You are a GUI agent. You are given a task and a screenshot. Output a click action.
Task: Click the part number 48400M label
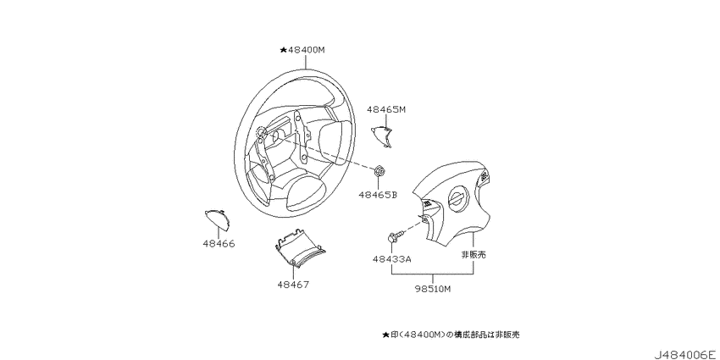click(x=306, y=50)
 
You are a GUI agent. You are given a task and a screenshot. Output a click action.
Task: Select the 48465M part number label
click(x=386, y=109)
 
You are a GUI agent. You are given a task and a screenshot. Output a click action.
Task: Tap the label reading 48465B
click(x=378, y=195)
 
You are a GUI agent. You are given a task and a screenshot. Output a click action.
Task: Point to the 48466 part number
click(x=219, y=244)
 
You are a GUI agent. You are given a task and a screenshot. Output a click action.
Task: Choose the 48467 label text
click(x=293, y=285)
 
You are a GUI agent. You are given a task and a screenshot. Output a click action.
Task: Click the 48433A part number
click(x=391, y=259)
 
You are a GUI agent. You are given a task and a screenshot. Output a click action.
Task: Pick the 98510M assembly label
click(x=433, y=289)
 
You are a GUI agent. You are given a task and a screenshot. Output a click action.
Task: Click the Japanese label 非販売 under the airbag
click(x=474, y=255)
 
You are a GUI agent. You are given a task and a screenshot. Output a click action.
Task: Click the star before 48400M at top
click(x=283, y=50)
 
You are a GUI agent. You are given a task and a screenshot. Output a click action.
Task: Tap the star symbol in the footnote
click(x=385, y=335)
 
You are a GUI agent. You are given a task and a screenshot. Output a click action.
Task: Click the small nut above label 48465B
click(x=379, y=172)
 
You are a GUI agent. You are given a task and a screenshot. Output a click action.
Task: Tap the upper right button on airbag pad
click(x=484, y=176)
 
